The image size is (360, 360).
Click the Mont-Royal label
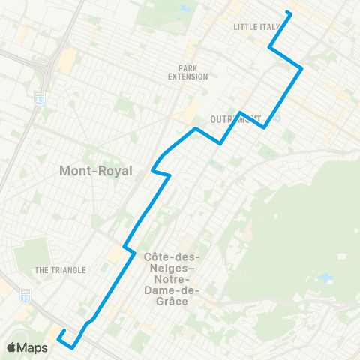95,171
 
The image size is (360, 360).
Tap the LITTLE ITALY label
256,27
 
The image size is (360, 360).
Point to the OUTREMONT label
235,119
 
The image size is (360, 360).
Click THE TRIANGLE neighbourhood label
60,270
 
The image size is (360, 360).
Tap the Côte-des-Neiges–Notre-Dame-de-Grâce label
169,278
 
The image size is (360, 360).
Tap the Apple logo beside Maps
13,347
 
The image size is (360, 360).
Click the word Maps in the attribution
34,347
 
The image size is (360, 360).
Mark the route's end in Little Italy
289,13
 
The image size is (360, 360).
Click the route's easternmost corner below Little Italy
301,69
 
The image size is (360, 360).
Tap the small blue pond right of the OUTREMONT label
277,117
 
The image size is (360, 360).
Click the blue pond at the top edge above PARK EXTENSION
184,10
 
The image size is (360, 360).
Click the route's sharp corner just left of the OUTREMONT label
220,142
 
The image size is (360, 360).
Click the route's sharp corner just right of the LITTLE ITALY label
270,49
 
